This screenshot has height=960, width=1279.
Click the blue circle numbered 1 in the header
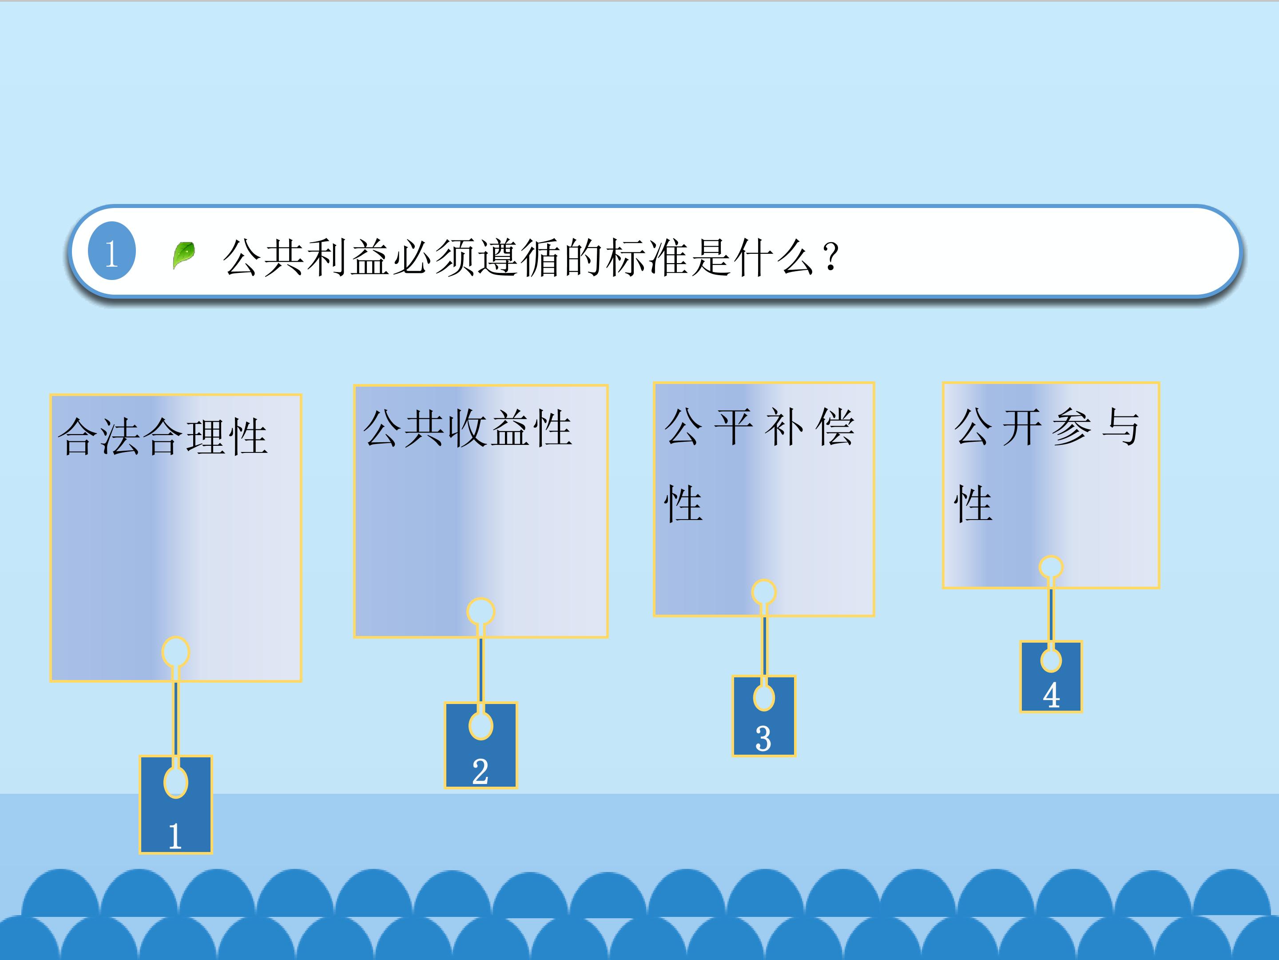point(111,251)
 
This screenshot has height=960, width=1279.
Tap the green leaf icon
point(184,255)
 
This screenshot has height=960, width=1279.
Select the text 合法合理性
point(163,436)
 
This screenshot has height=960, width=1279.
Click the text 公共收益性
point(468,428)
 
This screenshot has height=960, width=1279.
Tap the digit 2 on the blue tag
point(480,772)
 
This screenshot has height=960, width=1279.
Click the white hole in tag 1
point(176,782)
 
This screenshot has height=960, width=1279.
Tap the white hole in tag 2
point(481,726)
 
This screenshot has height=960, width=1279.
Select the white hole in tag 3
point(764,697)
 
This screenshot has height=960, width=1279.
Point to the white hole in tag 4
point(1051,660)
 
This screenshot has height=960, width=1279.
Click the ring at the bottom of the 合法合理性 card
point(176,652)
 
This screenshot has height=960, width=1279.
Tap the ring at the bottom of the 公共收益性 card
point(481,612)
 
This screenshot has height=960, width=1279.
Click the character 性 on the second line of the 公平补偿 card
point(683,504)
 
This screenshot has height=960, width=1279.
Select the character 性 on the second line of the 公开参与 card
point(973,504)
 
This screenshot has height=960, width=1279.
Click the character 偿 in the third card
point(835,427)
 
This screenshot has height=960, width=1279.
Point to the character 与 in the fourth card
point(1120,427)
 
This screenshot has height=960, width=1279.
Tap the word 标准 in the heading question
point(647,257)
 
